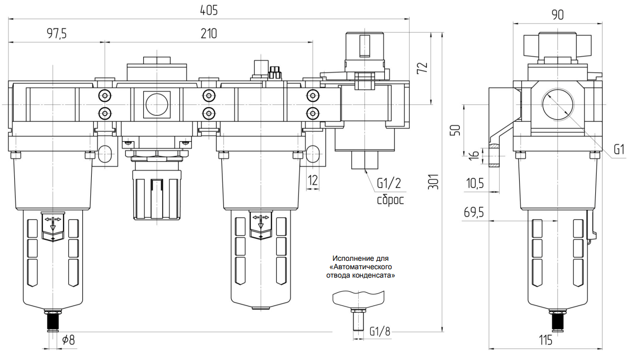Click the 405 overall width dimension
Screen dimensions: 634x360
(x=209, y=10)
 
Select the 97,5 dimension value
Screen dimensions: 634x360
(x=57, y=34)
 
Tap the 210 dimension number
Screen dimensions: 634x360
(x=209, y=34)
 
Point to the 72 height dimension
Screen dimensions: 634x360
(x=423, y=68)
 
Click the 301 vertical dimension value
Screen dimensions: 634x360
(x=433, y=182)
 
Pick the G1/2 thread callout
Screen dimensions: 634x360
(x=389, y=183)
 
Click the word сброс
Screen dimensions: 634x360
(x=390, y=200)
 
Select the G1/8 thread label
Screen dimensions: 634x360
(x=380, y=331)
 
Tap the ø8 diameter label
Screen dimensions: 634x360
(x=69, y=340)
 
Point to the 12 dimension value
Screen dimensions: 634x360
(x=313, y=180)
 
